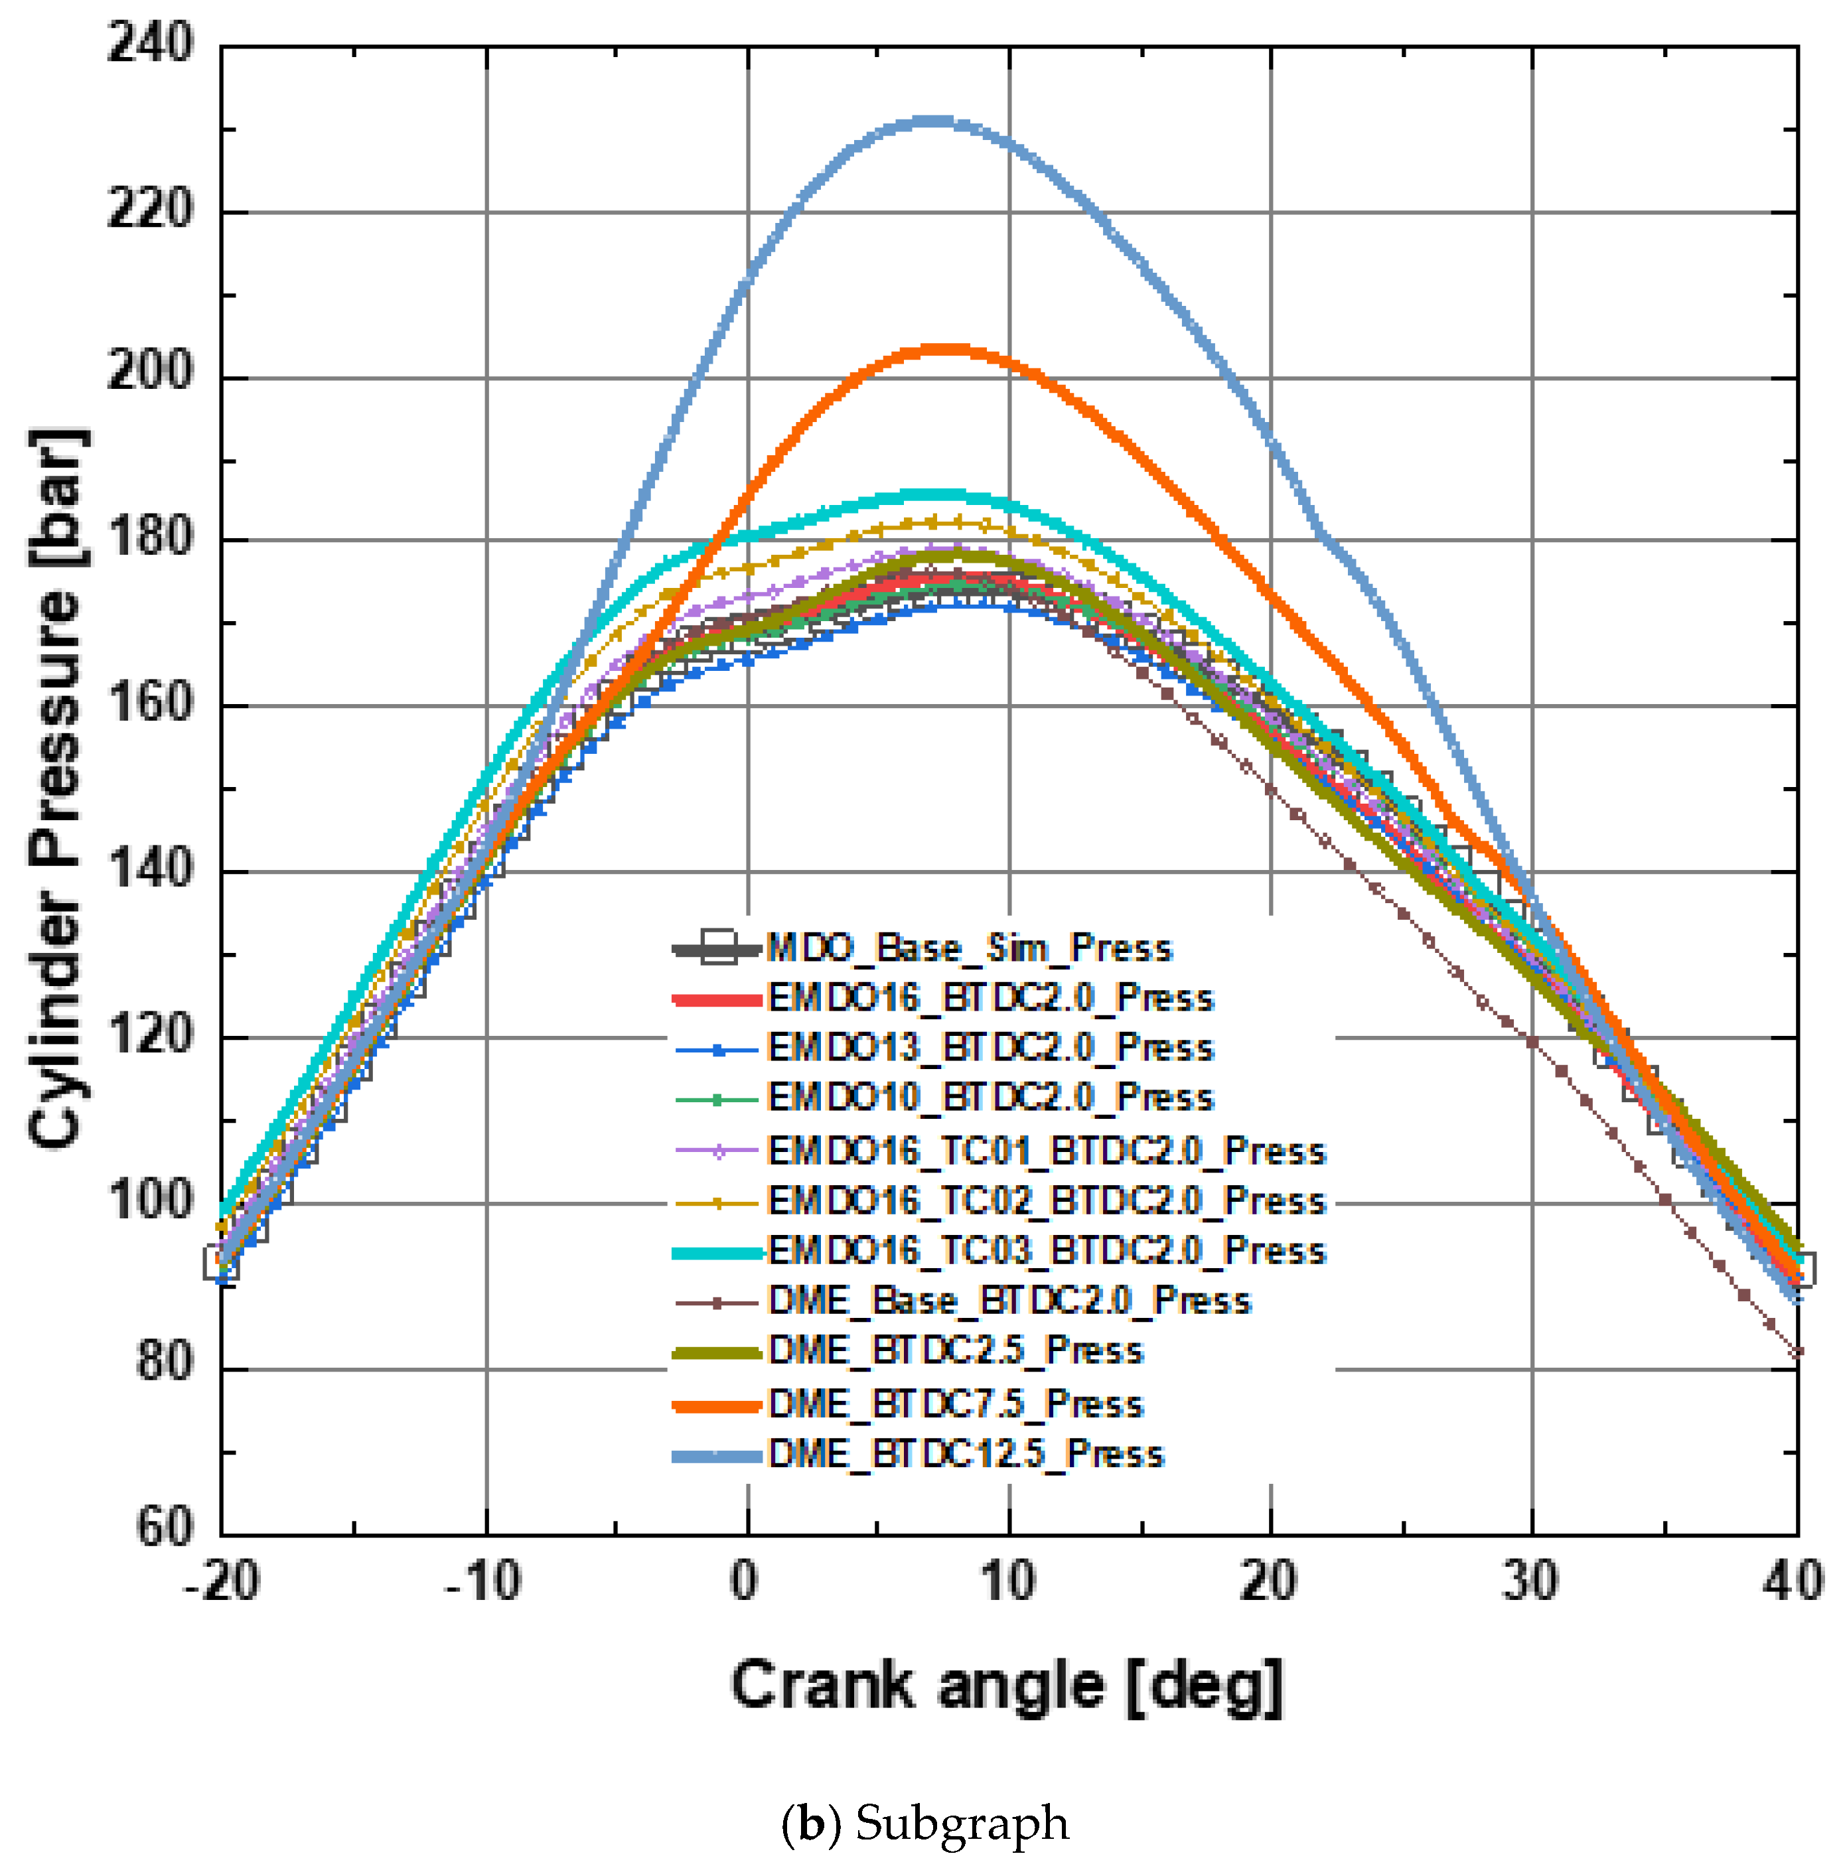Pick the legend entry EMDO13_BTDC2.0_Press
tap(990, 1047)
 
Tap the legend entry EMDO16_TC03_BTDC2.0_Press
tap(1045, 1251)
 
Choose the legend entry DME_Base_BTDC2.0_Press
tap(1009, 1301)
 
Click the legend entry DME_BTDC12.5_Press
tap(965, 1454)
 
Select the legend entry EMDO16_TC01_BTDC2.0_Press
tap(1045, 1150)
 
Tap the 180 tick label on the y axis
tap(150, 538)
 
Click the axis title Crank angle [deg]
tap(1007, 1686)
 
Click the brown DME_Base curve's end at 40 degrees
tap(1797, 1353)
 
